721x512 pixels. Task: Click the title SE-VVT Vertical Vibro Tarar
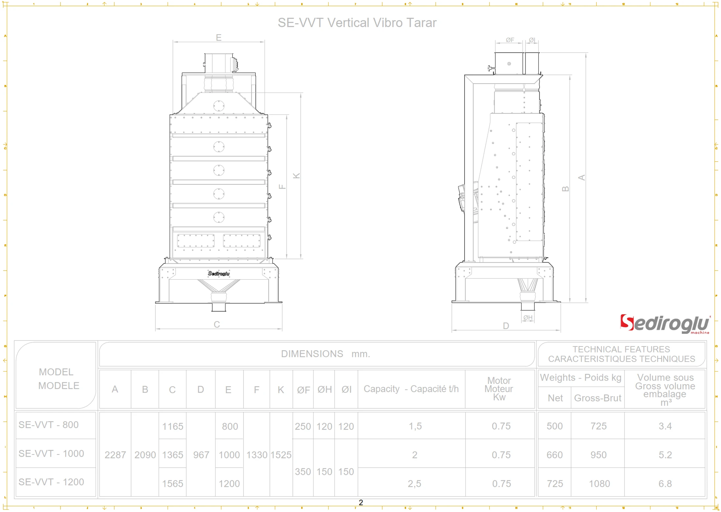(x=357, y=23)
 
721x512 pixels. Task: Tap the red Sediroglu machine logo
(x=664, y=324)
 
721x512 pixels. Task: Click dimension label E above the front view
(x=219, y=38)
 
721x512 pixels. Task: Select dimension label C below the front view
(x=217, y=324)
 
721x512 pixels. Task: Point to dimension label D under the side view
(x=506, y=326)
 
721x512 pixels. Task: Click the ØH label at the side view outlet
(x=528, y=318)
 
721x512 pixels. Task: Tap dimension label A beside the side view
(x=581, y=178)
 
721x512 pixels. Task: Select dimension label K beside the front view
(x=296, y=176)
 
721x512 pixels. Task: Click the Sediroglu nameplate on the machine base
(x=219, y=273)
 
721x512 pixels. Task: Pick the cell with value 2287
(x=115, y=455)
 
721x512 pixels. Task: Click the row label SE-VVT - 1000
(x=51, y=453)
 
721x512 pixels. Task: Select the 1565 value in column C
(x=173, y=483)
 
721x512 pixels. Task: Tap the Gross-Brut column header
(x=597, y=398)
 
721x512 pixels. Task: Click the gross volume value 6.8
(x=665, y=483)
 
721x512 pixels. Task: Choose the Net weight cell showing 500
(x=554, y=426)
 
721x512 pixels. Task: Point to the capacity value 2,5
(x=414, y=483)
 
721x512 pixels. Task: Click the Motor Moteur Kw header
(x=499, y=389)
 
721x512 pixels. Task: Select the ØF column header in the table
(x=303, y=390)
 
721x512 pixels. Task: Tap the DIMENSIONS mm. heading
(x=325, y=354)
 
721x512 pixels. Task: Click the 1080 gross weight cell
(x=599, y=483)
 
